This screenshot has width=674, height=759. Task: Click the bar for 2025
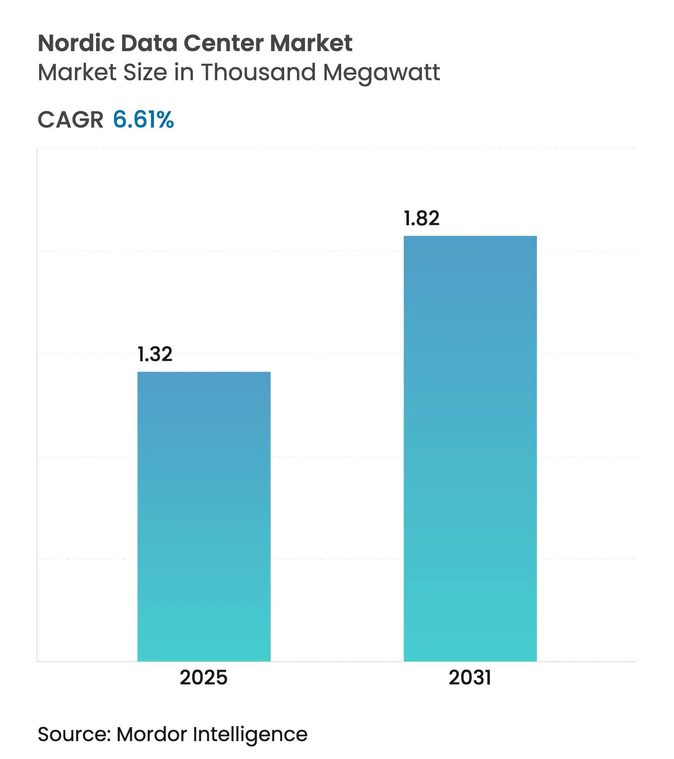[204, 515]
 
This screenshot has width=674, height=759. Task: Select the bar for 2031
[470, 449]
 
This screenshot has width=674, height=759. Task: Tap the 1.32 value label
[155, 354]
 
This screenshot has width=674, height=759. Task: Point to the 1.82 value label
[421, 218]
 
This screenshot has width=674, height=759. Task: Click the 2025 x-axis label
[203, 677]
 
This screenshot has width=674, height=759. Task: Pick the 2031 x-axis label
[470, 677]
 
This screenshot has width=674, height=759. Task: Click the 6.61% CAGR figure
[143, 120]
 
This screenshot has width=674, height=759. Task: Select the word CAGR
[70, 120]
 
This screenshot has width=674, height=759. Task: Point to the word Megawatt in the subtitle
[381, 73]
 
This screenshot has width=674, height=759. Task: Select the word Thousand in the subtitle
[259, 72]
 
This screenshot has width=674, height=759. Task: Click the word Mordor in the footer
[152, 734]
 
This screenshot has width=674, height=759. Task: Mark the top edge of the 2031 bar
[470, 237]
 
